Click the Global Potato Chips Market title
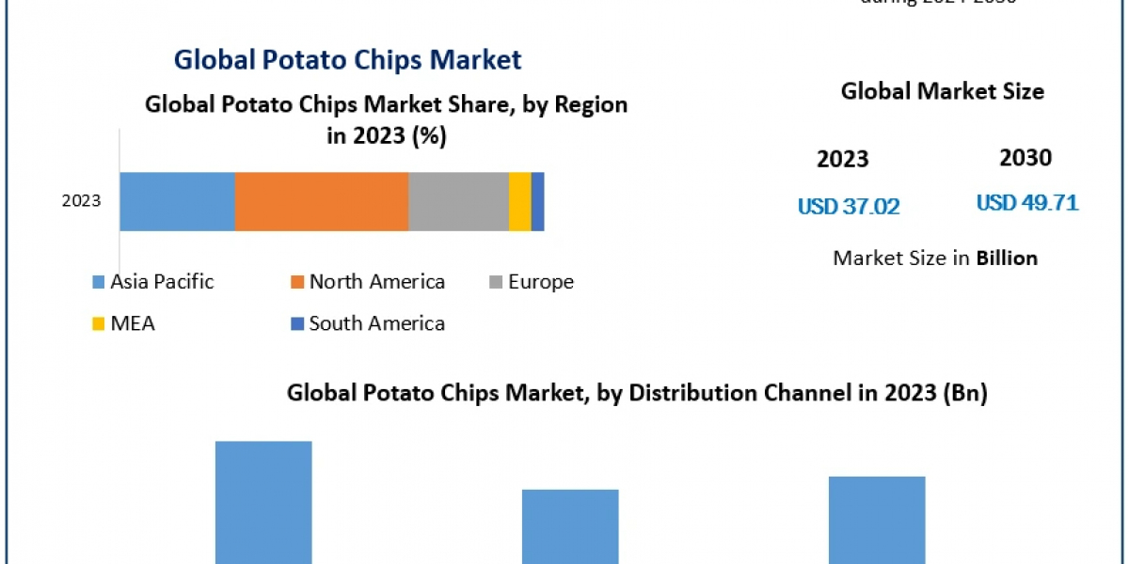[347, 60]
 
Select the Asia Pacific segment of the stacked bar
[177, 201]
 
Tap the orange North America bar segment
[321, 201]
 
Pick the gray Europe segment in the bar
[458, 201]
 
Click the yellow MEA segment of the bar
[520, 201]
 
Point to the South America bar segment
[538, 201]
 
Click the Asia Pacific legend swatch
[99, 282]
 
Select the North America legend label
[376, 281]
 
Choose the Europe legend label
[541, 281]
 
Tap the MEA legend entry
[132, 323]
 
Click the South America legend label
[376, 323]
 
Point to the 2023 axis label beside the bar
[81, 201]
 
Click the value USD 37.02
[849, 207]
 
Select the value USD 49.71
[1026, 203]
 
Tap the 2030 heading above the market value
[1026, 158]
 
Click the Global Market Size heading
[942, 91]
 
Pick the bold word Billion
[1007, 258]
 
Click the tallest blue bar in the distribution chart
[263, 503]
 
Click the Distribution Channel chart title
[637, 394]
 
